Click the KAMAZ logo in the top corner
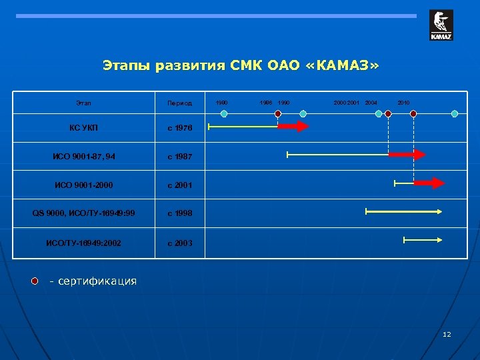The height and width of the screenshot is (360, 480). click(441, 25)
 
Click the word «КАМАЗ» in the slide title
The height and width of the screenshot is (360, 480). click(350, 65)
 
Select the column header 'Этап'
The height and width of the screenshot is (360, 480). click(84, 103)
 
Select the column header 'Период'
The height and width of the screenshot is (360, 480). click(179, 103)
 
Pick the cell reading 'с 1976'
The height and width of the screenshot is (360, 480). click(179, 127)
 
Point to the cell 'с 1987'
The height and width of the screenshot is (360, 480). click(179, 156)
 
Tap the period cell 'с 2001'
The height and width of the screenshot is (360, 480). click(179, 185)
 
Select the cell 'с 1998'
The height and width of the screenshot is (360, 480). click(179, 213)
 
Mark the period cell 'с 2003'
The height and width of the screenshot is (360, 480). click(179, 243)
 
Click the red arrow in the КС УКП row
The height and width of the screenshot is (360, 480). click(293, 126)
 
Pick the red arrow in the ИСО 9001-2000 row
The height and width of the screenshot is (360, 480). click(429, 183)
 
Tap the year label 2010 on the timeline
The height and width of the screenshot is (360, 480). click(403, 103)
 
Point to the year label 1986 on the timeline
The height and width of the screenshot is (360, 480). click(265, 103)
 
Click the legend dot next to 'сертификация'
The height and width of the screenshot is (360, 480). click(35, 281)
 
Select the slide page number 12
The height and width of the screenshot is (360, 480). click(447, 334)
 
